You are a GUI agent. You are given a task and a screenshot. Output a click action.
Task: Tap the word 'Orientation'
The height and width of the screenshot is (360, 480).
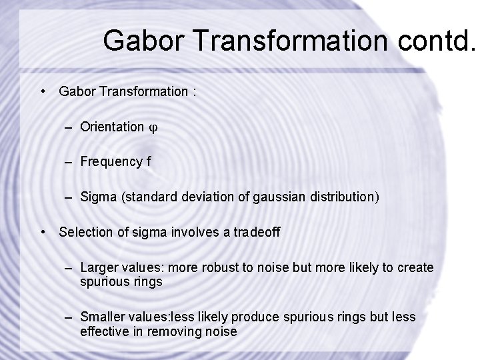[x=111, y=127]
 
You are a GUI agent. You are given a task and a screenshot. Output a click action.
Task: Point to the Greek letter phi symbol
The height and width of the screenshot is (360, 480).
[x=153, y=127]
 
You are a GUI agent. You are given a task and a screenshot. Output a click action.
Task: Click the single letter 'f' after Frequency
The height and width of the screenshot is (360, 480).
[x=149, y=161]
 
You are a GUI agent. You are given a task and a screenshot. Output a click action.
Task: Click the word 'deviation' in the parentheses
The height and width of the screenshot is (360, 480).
[x=203, y=197]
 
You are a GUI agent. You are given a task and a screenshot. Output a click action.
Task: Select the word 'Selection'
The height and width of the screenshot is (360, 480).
[x=83, y=232]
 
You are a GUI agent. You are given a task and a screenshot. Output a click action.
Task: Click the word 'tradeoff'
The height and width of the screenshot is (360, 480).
[x=257, y=232]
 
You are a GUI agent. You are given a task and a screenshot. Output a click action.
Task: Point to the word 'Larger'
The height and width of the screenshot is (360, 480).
[x=98, y=267]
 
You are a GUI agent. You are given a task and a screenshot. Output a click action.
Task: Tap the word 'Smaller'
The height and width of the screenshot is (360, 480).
[x=101, y=317]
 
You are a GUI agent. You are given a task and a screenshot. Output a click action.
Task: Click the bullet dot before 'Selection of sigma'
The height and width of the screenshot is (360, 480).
[x=43, y=232]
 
